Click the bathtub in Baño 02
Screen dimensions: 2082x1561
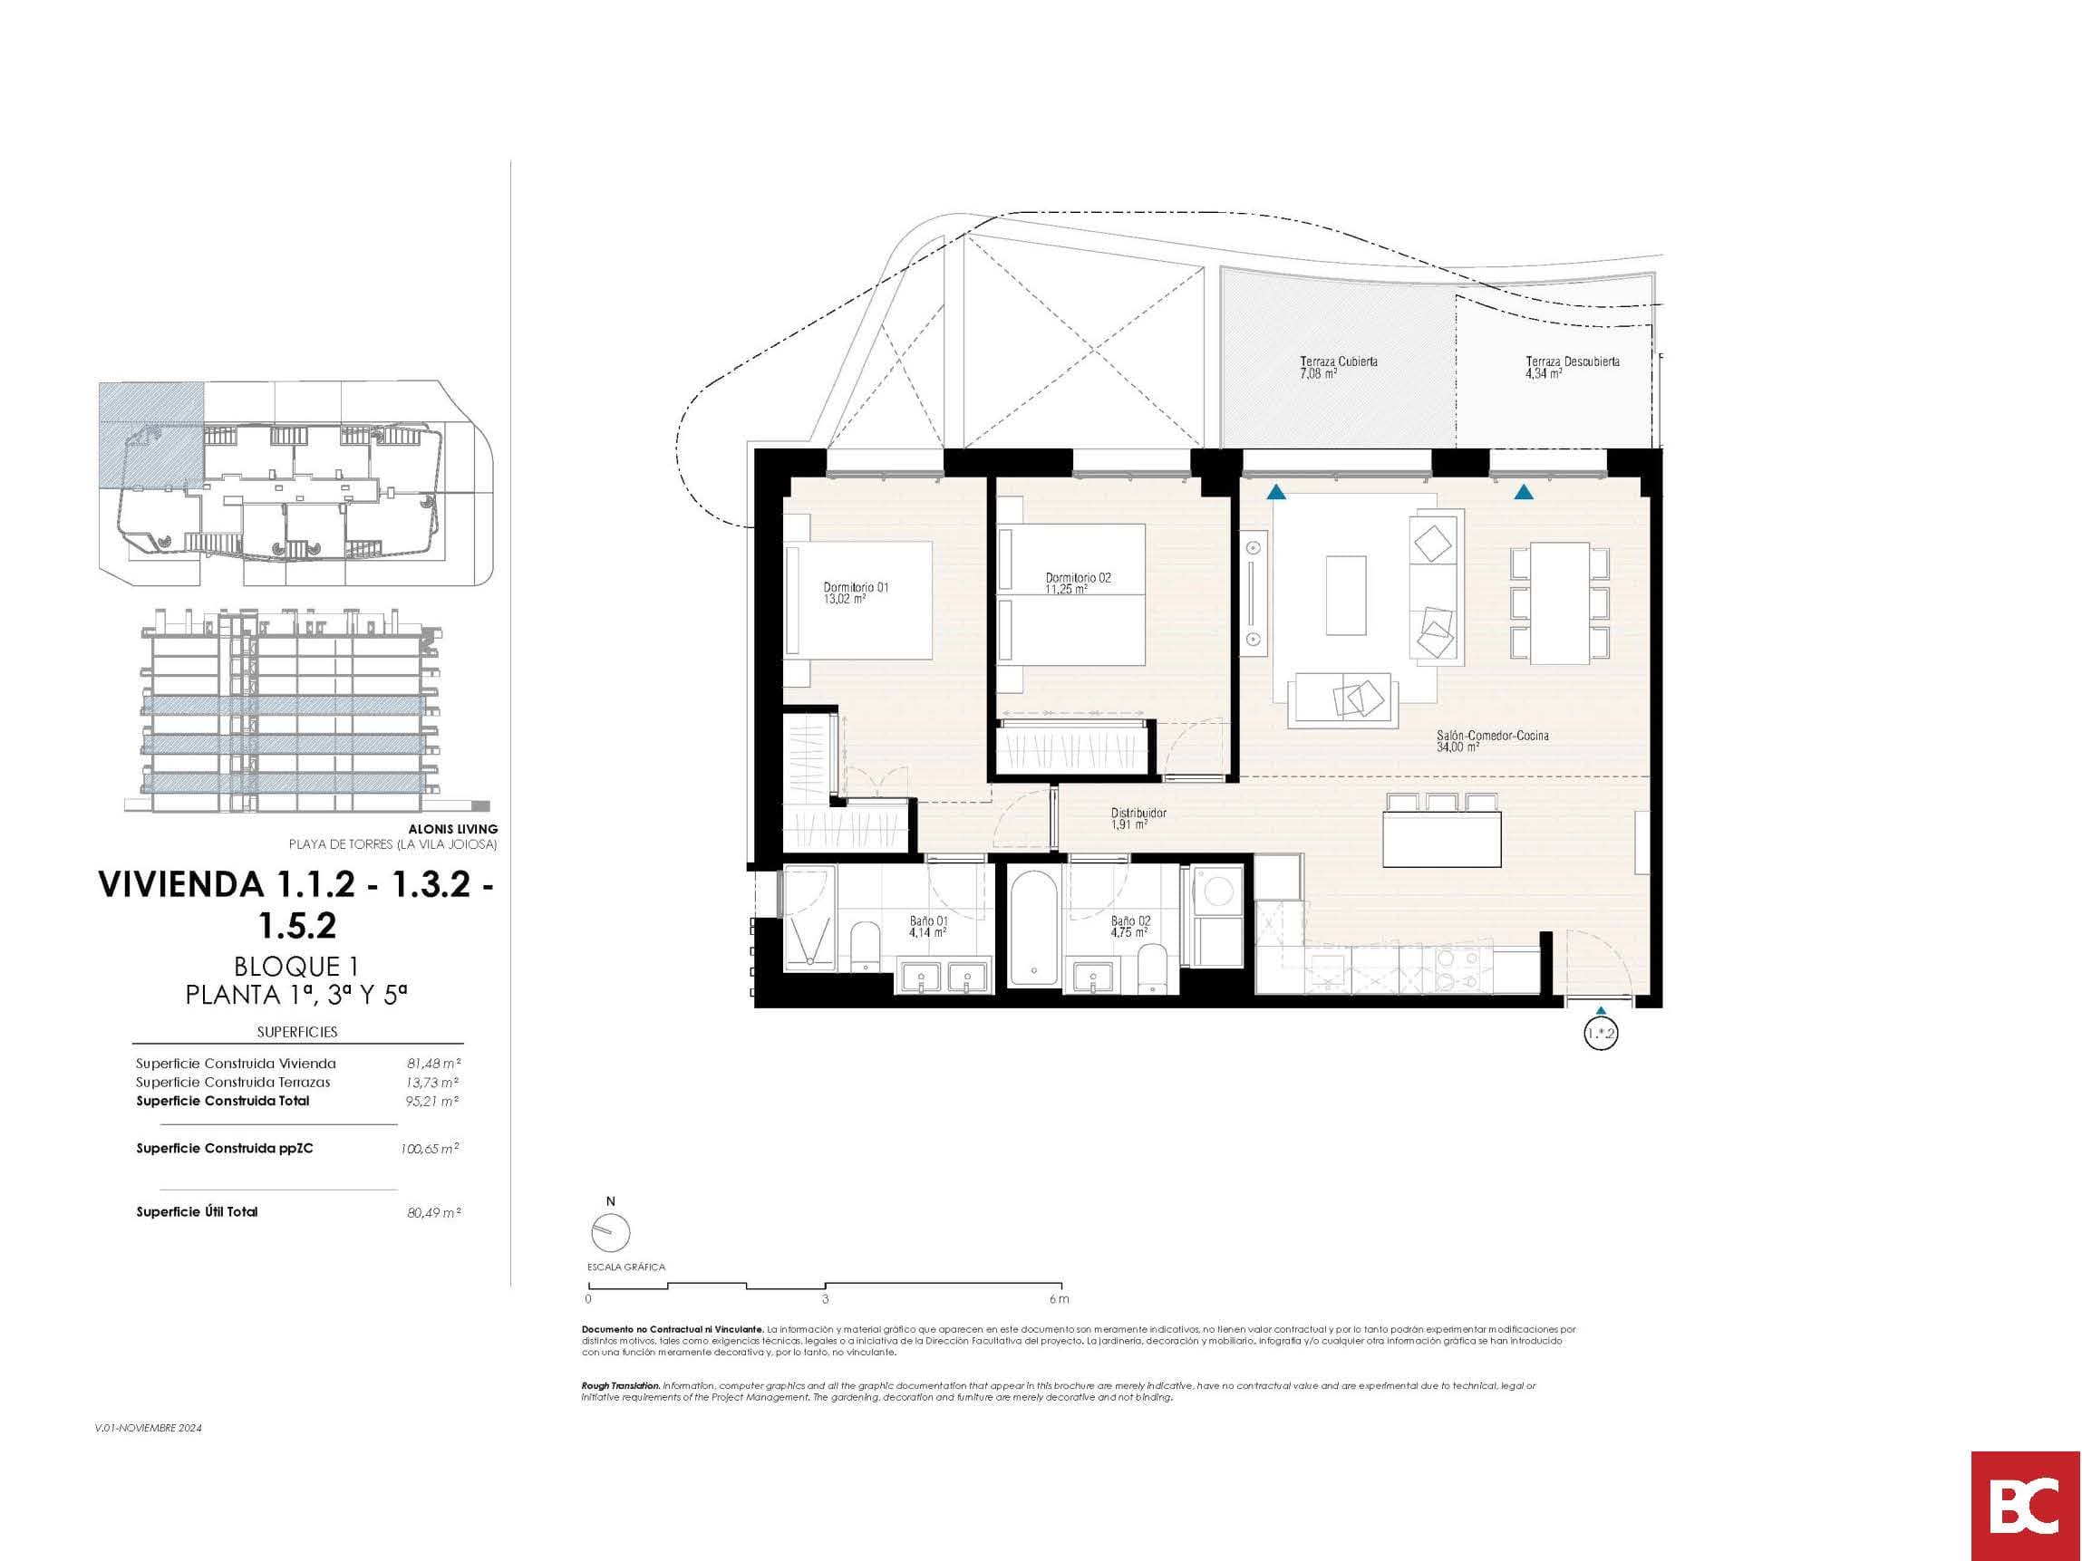(x=1033, y=927)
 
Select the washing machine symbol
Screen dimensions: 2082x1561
(x=1218, y=889)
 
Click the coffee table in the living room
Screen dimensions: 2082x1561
(x=1346, y=595)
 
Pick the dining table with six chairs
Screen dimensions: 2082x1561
(x=1560, y=603)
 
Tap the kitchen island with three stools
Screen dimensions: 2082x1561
(x=1442, y=831)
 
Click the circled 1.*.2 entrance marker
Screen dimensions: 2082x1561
(x=1601, y=1034)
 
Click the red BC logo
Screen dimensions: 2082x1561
(x=2027, y=1507)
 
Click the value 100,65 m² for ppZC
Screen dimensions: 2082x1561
(x=430, y=1149)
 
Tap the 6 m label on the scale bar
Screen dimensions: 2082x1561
(x=1059, y=1299)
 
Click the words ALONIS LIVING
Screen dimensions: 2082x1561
(x=452, y=829)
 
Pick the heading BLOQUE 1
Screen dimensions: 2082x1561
(x=297, y=967)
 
